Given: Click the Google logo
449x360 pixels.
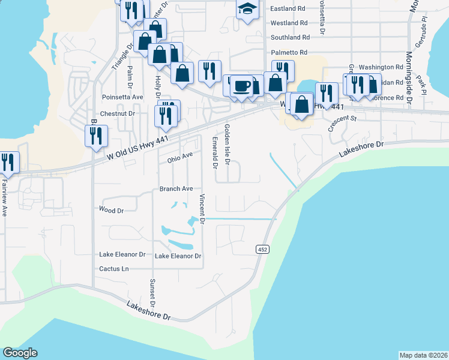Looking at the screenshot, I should click(20, 353).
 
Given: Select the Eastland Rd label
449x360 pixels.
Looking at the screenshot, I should click(288, 9).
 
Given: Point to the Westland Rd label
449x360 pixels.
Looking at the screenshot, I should click(289, 23).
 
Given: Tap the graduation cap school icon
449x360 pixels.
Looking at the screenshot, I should click(247, 10).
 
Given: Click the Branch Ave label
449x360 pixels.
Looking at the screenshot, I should click(176, 188).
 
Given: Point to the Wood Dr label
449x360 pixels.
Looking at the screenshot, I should click(111, 211).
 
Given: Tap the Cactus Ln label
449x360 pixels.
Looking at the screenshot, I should click(114, 268).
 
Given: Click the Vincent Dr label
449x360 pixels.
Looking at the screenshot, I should click(203, 209).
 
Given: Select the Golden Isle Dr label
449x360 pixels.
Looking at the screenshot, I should click(228, 144).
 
